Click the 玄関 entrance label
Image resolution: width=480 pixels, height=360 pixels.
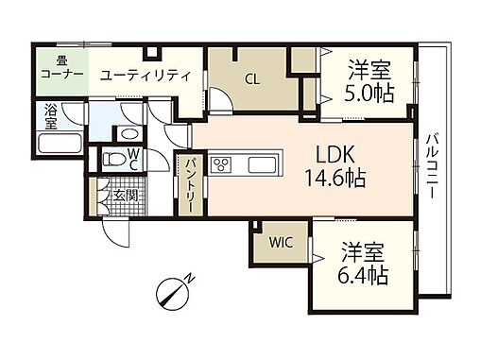122,196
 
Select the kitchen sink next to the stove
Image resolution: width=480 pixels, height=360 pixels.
262,165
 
